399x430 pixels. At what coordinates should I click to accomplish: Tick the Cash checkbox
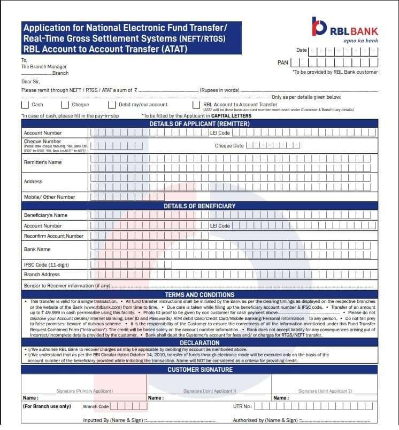pyautogui.click(x=25, y=105)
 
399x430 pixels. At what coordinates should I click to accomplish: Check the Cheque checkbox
pyautogui.click(x=65, y=105)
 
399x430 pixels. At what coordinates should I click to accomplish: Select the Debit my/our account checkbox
pyautogui.click(x=112, y=105)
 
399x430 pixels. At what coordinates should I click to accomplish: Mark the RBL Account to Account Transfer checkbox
pyautogui.click(x=196, y=105)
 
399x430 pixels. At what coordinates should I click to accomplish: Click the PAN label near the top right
pyautogui.click(x=283, y=62)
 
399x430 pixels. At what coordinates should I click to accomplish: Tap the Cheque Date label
pyautogui.click(x=229, y=146)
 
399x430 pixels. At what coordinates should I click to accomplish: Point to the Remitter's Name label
pyautogui.click(x=43, y=162)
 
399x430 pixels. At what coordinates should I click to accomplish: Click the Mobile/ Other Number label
pyautogui.click(x=50, y=197)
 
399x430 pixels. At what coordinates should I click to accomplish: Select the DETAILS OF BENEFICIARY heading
pyautogui.click(x=199, y=206)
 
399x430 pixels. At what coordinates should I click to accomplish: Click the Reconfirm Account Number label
pyautogui.click(x=53, y=236)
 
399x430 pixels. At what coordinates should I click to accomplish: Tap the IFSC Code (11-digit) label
pyautogui.click(x=47, y=265)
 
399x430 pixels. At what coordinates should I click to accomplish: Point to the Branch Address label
pyautogui.click(x=42, y=275)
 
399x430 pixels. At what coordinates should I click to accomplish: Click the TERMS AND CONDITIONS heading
pyautogui.click(x=199, y=294)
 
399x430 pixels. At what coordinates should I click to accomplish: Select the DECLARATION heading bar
pyautogui.click(x=199, y=342)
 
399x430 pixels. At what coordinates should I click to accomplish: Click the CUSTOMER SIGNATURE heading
pyautogui.click(x=199, y=369)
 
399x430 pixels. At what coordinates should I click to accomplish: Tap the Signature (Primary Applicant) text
pyautogui.click(x=85, y=391)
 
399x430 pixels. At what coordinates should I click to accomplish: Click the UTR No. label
pyautogui.click(x=242, y=406)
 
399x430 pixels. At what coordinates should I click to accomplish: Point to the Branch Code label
pyautogui.click(x=96, y=406)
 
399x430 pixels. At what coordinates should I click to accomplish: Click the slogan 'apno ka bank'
pyautogui.click(x=360, y=41)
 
